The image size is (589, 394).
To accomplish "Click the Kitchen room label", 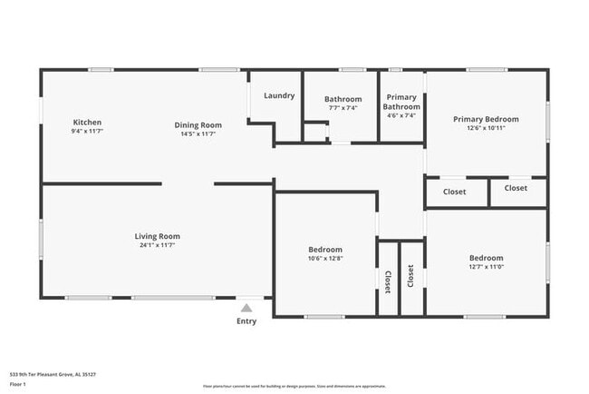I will click(x=87, y=123).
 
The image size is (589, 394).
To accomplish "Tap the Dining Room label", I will click(x=198, y=124).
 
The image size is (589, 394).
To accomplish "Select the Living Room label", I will click(x=157, y=236).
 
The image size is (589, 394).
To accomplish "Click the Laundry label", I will click(x=279, y=95).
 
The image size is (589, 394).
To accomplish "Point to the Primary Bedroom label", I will click(x=486, y=119).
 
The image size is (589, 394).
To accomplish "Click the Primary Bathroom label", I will click(x=401, y=102).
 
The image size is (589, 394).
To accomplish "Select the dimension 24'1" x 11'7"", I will click(x=157, y=245).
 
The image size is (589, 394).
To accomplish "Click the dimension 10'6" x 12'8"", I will click(x=325, y=259).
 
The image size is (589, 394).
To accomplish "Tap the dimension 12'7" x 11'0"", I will click(x=486, y=267).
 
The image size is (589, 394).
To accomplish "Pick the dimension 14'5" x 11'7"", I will click(x=198, y=133).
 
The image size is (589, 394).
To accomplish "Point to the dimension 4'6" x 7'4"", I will click(x=401, y=115).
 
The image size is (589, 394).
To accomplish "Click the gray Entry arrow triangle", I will click(x=246, y=308).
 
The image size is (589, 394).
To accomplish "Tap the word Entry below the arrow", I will click(x=246, y=320).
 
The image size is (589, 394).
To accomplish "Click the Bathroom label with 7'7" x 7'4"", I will click(x=343, y=99).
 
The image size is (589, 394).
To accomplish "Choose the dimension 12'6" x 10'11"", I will click(x=486, y=128).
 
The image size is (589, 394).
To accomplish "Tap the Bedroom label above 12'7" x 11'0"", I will click(x=486, y=257).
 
